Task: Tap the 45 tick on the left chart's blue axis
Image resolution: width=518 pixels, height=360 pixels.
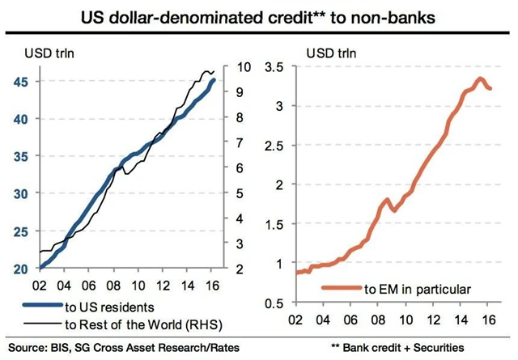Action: pyautogui.click(x=23, y=81)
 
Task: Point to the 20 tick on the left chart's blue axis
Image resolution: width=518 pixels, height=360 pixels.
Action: pyautogui.click(x=23, y=269)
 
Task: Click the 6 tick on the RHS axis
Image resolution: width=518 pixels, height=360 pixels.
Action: pyautogui.click(x=241, y=168)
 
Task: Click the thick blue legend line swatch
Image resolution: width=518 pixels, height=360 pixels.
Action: pyautogui.click(x=40, y=306)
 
